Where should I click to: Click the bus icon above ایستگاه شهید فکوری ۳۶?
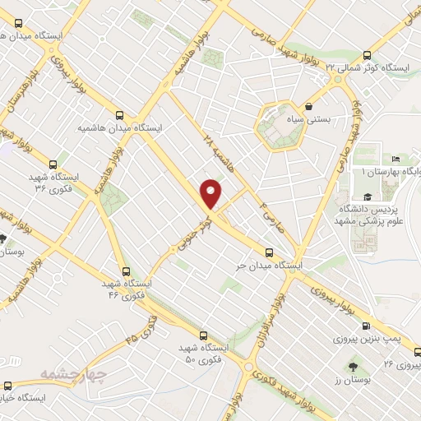tap(53, 164)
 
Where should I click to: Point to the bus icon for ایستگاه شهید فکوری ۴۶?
tap(124, 270)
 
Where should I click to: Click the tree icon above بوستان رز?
tap(353, 364)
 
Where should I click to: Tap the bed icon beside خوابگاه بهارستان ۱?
tap(396, 159)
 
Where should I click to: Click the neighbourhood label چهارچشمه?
tap(74, 374)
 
